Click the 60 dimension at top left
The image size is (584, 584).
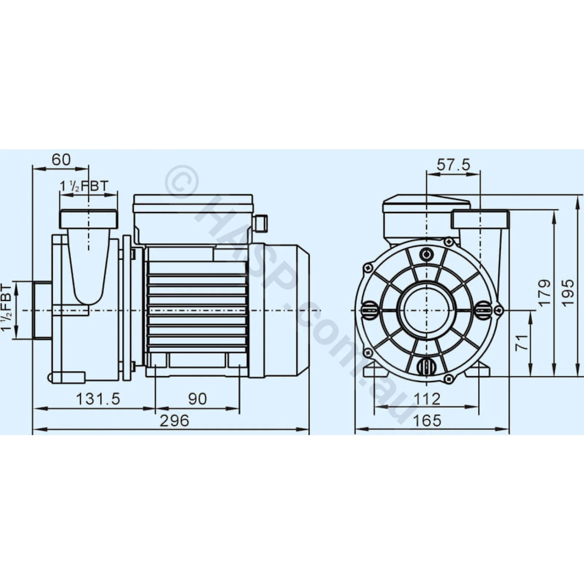pyautogui.click(x=61, y=159)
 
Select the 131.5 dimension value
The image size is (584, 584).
pyautogui.click(x=98, y=398)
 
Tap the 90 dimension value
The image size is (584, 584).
pyautogui.click(x=197, y=398)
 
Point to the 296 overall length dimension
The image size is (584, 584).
pyautogui.click(x=174, y=420)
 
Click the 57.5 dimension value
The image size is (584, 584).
pyautogui.click(x=453, y=165)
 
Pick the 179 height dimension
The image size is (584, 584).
pyautogui.click(x=544, y=292)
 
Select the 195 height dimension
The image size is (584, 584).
pyautogui.click(x=569, y=292)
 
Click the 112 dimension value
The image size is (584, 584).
pyautogui.click(x=427, y=398)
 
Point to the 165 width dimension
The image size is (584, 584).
pyautogui.click(x=427, y=420)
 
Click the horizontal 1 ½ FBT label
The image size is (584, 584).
pyautogui.click(x=84, y=186)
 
